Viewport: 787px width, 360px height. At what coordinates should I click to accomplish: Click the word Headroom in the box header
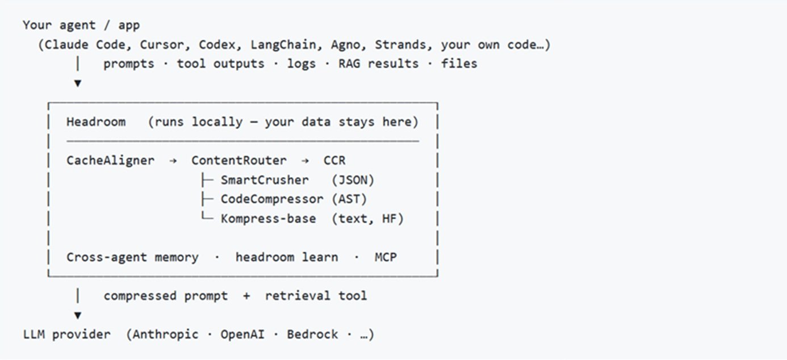96,122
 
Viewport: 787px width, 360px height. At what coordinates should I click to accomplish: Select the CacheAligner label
110,161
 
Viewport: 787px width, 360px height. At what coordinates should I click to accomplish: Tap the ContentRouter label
239,161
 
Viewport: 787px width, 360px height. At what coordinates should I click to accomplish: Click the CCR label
334,161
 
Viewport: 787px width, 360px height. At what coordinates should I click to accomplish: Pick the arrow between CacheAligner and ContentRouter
173,161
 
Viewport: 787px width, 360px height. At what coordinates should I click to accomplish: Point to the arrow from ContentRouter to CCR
305,161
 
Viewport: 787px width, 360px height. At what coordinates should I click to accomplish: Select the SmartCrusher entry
265,180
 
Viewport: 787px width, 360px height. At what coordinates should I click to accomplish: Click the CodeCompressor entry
272,199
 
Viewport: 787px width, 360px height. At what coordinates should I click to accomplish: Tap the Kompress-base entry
269,219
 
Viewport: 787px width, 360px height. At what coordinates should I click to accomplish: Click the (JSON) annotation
353,180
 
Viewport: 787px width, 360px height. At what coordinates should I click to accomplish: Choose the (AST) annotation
349,199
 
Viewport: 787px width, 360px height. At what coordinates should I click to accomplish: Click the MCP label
386,257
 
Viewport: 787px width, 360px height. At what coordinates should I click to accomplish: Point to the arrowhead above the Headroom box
78,83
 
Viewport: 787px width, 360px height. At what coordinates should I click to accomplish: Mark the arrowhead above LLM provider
78,315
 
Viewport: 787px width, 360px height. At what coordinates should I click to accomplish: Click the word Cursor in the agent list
162,45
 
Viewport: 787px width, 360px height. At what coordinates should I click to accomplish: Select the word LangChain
283,45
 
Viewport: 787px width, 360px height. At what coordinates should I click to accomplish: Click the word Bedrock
312,334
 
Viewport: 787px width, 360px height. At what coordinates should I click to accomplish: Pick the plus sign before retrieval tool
246,296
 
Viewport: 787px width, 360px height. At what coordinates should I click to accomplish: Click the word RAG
349,64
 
